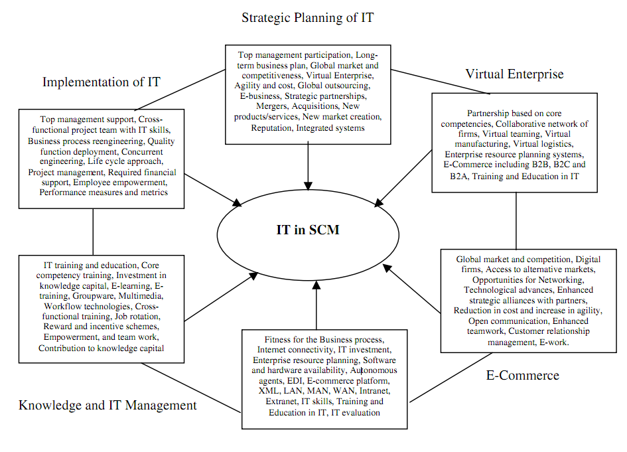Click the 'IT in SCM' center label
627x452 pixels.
click(308, 230)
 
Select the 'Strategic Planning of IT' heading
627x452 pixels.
click(307, 17)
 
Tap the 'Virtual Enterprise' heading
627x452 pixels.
click(514, 74)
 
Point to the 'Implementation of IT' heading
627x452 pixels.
click(102, 82)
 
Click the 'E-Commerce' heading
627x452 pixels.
click(522, 376)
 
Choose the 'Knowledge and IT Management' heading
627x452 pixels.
click(107, 405)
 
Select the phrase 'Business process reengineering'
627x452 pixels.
click(86, 141)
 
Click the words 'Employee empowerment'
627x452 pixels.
click(121, 182)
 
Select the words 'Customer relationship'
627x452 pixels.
click(549, 331)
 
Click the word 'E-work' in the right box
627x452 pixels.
click(553, 342)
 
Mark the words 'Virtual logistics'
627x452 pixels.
click(541, 143)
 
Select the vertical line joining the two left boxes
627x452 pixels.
click(94, 232)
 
